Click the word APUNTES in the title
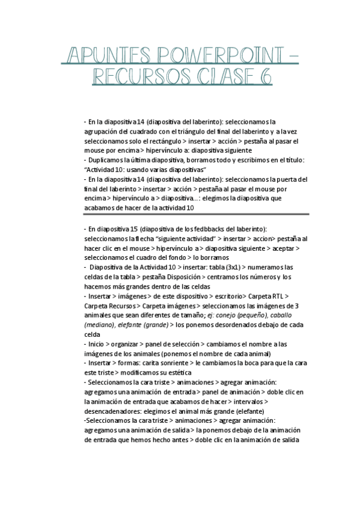coord(98,56)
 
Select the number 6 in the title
coord(265,78)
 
